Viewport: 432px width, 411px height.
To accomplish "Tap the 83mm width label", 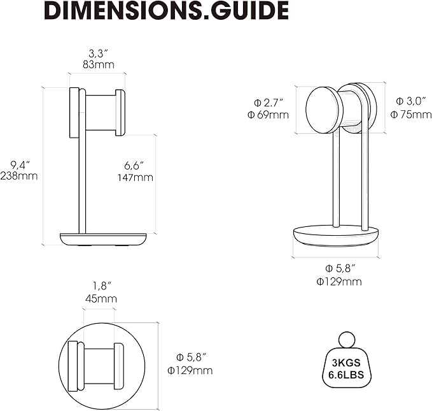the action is [x=99, y=64].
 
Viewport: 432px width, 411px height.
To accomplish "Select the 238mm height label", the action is [x=18, y=176].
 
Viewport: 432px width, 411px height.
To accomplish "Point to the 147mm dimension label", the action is [x=136, y=177].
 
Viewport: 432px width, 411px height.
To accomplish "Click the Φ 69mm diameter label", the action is [x=268, y=115].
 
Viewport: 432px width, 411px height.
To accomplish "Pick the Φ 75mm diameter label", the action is [x=411, y=114].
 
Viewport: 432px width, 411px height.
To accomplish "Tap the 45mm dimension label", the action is [x=101, y=299].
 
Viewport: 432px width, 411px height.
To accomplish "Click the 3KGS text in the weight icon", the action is [x=346, y=363].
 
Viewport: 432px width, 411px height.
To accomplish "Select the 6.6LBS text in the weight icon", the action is [x=346, y=375].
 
